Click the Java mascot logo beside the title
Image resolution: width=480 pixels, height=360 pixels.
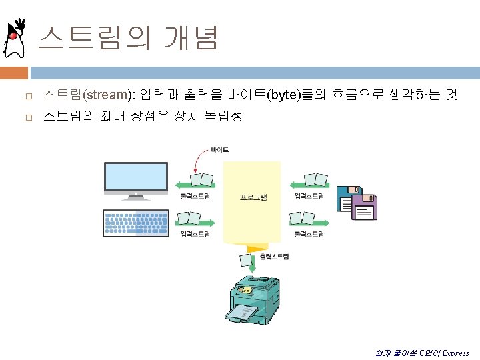coord(15,39)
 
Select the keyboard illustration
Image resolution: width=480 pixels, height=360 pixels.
coord(136,223)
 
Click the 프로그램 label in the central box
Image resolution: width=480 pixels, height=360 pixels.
coord(253,197)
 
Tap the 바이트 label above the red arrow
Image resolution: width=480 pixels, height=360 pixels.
coord(219,150)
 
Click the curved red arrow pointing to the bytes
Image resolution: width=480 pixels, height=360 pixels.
coord(198,162)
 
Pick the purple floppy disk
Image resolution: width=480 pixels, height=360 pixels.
coord(364,207)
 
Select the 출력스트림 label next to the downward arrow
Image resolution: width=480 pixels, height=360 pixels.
coord(274,256)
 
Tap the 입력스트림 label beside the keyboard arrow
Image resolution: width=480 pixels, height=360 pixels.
coord(195,234)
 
